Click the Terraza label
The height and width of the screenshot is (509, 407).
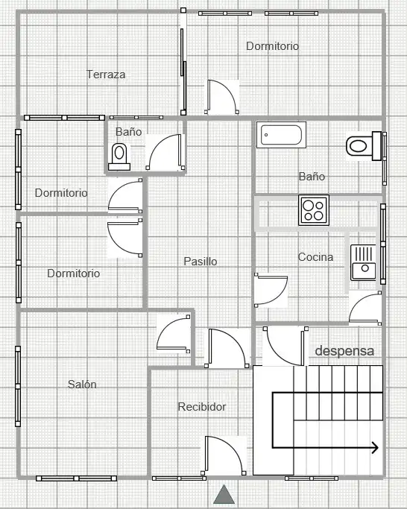pyautogui.click(x=106, y=75)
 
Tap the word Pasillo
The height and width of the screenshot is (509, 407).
pyautogui.click(x=201, y=262)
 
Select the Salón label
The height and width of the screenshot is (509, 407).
pyautogui.click(x=82, y=385)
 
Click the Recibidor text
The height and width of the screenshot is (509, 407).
pyautogui.click(x=202, y=407)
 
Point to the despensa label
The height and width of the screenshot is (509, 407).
pyautogui.click(x=344, y=351)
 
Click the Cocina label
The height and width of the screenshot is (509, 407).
pyautogui.click(x=315, y=257)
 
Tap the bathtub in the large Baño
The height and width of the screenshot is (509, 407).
pyautogui.click(x=281, y=135)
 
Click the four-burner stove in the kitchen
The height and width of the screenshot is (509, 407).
pyautogui.click(x=314, y=210)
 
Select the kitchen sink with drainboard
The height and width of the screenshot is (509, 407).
pyautogui.click(x=363, y=262)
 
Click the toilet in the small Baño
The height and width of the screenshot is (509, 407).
pyautogui.click(x=119, y=157)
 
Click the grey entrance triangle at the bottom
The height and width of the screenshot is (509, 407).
pyautogui.click(x=224, y=494)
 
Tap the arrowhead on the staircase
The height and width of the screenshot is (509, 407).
pyautogui.click(x=375, y=448)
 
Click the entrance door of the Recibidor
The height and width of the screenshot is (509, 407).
pyautogui.click(x=224, y=455)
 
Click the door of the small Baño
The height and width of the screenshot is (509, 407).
pyautogui.click(x=165, y=152)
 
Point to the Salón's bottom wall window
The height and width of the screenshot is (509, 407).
pyautogui.click(x=76, y=478)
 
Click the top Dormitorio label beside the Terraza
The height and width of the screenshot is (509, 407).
pyautogui.click(x=273, y=46)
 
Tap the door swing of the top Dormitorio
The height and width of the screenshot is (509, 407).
pyautogui.click(x=222, y=97)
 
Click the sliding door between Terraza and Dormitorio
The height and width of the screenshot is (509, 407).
pyautogui.click(x=183, y=70)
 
